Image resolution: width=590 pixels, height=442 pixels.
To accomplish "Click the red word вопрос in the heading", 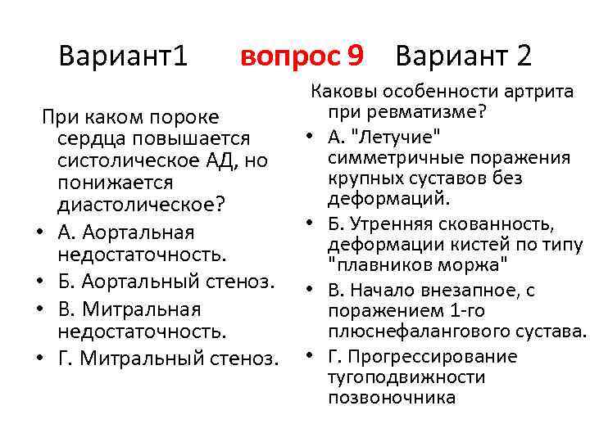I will (289, 56).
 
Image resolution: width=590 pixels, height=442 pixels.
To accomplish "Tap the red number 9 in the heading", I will (355, 56).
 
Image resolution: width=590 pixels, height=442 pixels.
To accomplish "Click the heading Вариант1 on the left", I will (124, 56).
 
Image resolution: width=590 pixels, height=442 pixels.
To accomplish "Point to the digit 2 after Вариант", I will (521, 56).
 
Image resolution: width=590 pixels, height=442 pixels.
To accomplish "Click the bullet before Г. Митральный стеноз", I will (39, 358).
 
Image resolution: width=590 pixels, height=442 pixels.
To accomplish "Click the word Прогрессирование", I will (433, 356).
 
